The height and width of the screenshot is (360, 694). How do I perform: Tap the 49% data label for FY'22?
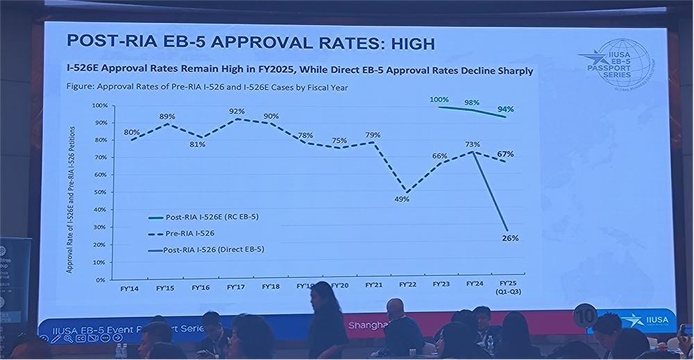403,199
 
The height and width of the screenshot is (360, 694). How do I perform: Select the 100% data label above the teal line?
440,99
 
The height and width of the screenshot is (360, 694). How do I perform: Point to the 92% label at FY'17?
237,111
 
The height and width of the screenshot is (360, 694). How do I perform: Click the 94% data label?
505,109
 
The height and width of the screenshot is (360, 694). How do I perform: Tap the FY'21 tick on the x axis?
374,285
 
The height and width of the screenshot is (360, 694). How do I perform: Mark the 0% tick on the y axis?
101,280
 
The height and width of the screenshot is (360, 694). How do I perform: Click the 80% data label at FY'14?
132,132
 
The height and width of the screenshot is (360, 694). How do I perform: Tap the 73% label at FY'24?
472,144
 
